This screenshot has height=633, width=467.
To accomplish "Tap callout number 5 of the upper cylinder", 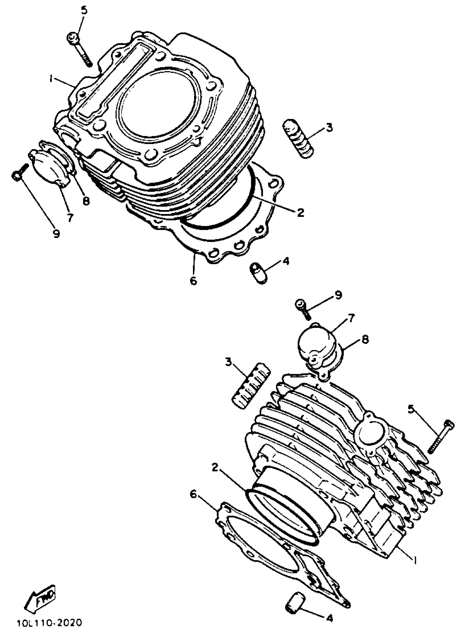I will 84,11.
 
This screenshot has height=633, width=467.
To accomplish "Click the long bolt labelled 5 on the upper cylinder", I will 80,50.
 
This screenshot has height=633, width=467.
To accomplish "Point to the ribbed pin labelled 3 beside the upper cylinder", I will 298,138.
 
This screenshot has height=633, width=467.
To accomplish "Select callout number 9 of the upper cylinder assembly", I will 56,233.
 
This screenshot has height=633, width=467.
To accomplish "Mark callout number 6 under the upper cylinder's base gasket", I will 193,281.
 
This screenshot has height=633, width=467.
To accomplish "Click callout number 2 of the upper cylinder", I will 301,213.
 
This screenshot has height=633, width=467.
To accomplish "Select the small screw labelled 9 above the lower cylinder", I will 303,309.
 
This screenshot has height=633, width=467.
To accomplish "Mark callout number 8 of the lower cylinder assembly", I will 365,340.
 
